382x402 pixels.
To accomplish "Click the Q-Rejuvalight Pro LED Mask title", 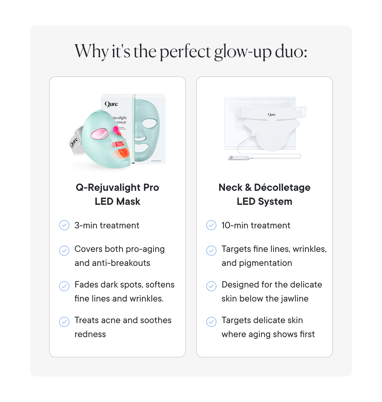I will click(x=117, y=194).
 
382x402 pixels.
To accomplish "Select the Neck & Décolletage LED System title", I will click(x=265, y=194).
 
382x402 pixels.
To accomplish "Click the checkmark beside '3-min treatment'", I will click(x=64, y=225).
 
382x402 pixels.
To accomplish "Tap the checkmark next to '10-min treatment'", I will click(x=211, y=225).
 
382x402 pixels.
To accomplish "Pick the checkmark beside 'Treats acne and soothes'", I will click(x=64, y=322).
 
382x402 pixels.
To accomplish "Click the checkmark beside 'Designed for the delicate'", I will click(x=211, y=286).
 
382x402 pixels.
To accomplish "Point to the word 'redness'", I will click(x=90, y=334).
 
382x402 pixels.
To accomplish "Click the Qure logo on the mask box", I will click(x=111, y=104).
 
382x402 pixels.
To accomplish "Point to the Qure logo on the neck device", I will click(x=272, y=114).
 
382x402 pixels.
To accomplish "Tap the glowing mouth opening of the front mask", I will click(x=121, y=154).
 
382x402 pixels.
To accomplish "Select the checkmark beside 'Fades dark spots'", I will click(x=64, y=286).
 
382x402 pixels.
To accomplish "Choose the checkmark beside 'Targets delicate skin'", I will click(x=211, y=322).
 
